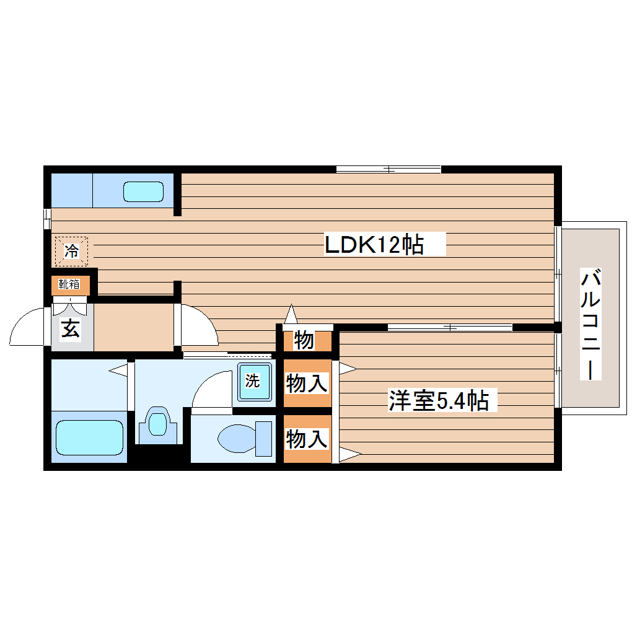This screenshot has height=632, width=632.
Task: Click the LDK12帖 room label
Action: (x=374, y=245)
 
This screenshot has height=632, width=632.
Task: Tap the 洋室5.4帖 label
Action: (x=438, y=401)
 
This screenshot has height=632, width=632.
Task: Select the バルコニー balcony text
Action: (x=591, y=323)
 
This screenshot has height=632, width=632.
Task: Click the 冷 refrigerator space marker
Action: (x=71, y=251)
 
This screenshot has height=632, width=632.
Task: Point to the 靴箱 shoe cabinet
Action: (x=69, y=284)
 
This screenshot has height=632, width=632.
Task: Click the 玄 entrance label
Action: (x=70, y=329)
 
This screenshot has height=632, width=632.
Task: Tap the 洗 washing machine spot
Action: (x=252, y=381)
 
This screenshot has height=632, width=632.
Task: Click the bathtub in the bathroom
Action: (x=90, y=438)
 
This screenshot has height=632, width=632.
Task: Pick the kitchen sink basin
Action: (x=143, y=191)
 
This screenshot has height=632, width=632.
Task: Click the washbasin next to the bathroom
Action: (x=159, y=424)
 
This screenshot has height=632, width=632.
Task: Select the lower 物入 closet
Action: (x=306, y=439)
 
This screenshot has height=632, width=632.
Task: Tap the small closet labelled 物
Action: (x=304, y=340)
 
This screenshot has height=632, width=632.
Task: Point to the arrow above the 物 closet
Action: (x=291, y=314)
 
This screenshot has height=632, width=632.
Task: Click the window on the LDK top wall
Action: (x=388, y=169)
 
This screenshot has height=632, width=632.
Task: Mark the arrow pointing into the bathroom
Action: (x=118, y=370)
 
